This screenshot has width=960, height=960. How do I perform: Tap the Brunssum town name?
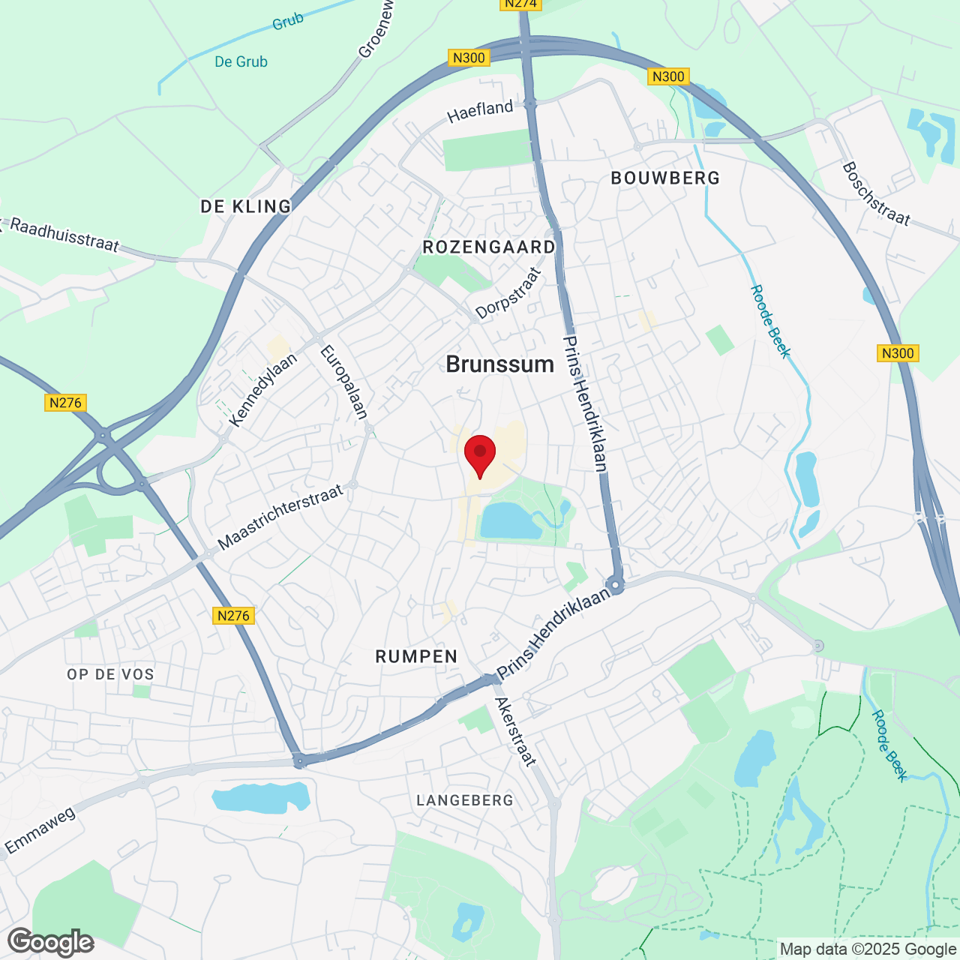(500, 364)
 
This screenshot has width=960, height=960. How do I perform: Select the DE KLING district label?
(246, 206)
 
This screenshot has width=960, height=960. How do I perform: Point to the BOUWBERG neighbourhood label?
(665, 178)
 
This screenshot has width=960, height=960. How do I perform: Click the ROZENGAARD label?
(489, 247)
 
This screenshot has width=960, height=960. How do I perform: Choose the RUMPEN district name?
(416, 656)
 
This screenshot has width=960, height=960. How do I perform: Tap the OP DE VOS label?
(110, 674)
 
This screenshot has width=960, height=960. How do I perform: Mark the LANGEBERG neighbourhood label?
(465, 800)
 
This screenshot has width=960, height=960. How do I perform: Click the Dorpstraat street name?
(508, 293)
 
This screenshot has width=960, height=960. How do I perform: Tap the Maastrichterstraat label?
(280, 517)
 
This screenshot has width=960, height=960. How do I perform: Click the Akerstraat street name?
(516, 732)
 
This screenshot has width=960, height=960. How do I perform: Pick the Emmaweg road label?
(40, 830)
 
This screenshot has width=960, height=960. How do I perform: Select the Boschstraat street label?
(876, 194)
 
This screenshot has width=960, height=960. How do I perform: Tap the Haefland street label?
(480, 111)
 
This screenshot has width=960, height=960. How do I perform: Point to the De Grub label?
(241, 61)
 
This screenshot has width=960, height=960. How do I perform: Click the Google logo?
(51, 942)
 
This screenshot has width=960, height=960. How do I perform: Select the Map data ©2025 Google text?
(868, 949)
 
